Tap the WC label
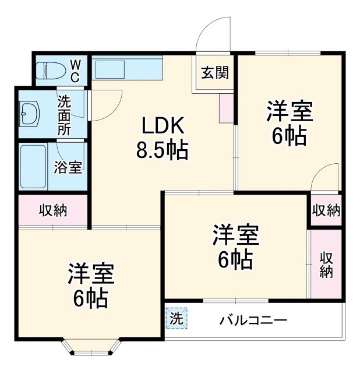coord(76,70)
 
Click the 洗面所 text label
coord(63,114)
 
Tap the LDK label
coord(162,126)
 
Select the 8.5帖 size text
coord(162,151)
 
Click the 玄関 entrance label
coord(214,73)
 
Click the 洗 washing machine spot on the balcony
coord(177,319)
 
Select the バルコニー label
coord(253,321)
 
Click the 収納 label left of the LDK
coord(53,210)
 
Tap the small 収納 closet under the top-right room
coord(325,210)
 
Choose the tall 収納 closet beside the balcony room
coord(326,265)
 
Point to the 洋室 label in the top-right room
coord(290,111)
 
